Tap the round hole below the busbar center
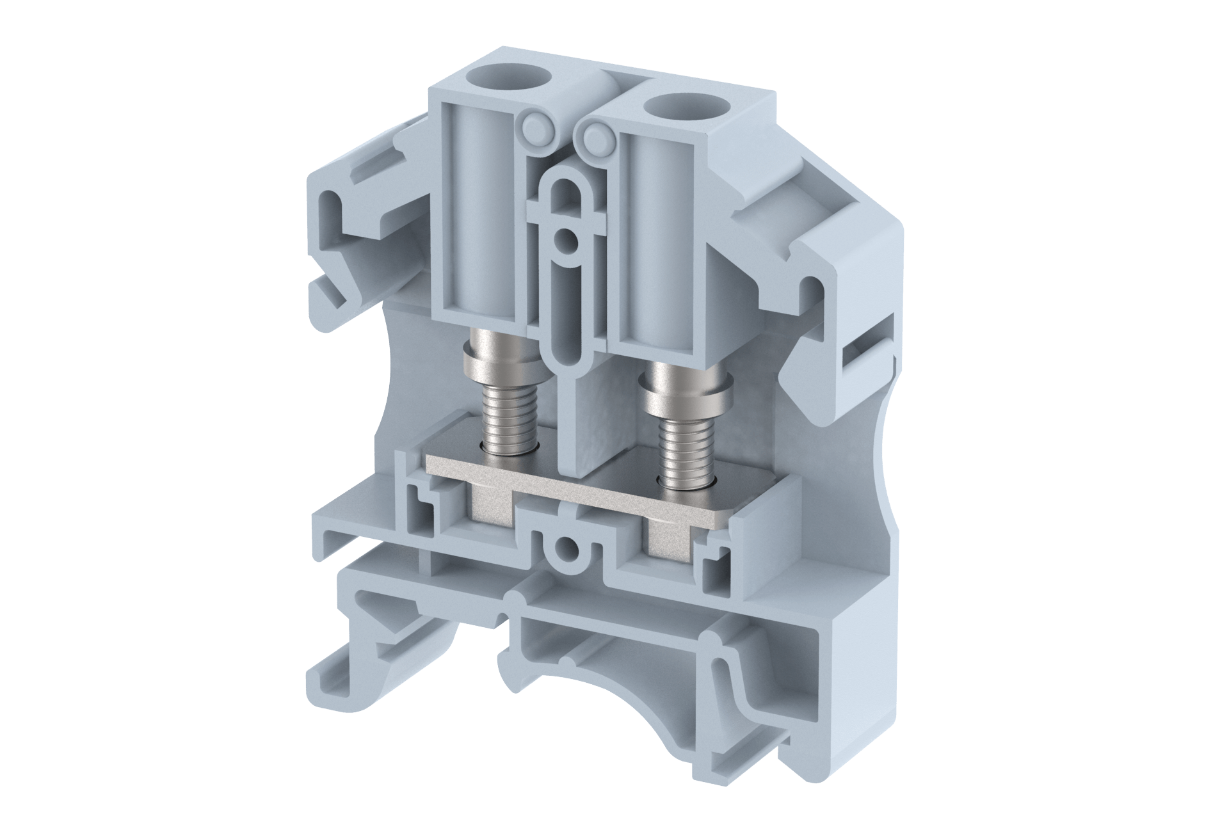pyautogui.click(x=566, y=548)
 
